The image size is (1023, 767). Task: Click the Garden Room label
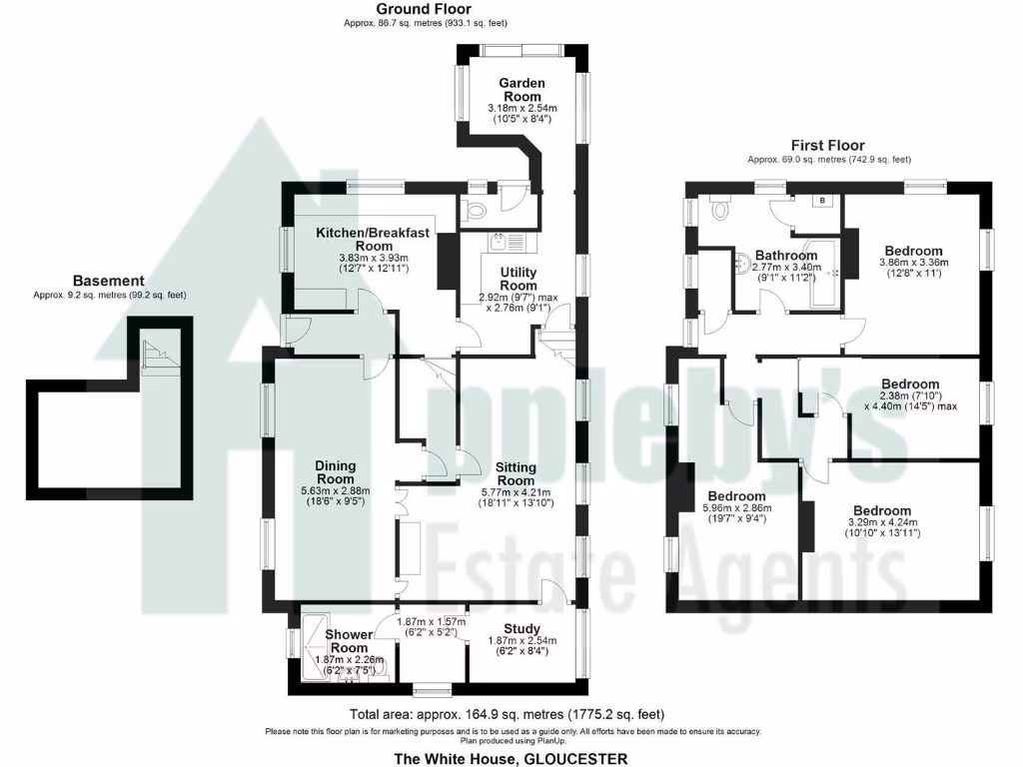(x=521, y=90)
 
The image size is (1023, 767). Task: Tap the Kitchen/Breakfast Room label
(x=374, y=239)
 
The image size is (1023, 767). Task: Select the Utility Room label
(x=518, y=279)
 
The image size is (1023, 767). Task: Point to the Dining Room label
(x=335, y=471)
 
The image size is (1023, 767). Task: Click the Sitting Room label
(x=515, y=473)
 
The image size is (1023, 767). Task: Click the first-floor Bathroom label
(x=786, y=255)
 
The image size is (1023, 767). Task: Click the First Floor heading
(x=828, y=146)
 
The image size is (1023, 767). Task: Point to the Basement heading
(x=109, y=282)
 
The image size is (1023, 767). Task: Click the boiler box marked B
(x=822, y=200)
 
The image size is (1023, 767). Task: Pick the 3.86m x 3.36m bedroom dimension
(x=912, y=263)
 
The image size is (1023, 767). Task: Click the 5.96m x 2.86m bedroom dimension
(x=736, y=508)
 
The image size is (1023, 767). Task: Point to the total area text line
(x=507, y=714)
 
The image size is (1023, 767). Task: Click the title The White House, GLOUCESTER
(x=511, y=759)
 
